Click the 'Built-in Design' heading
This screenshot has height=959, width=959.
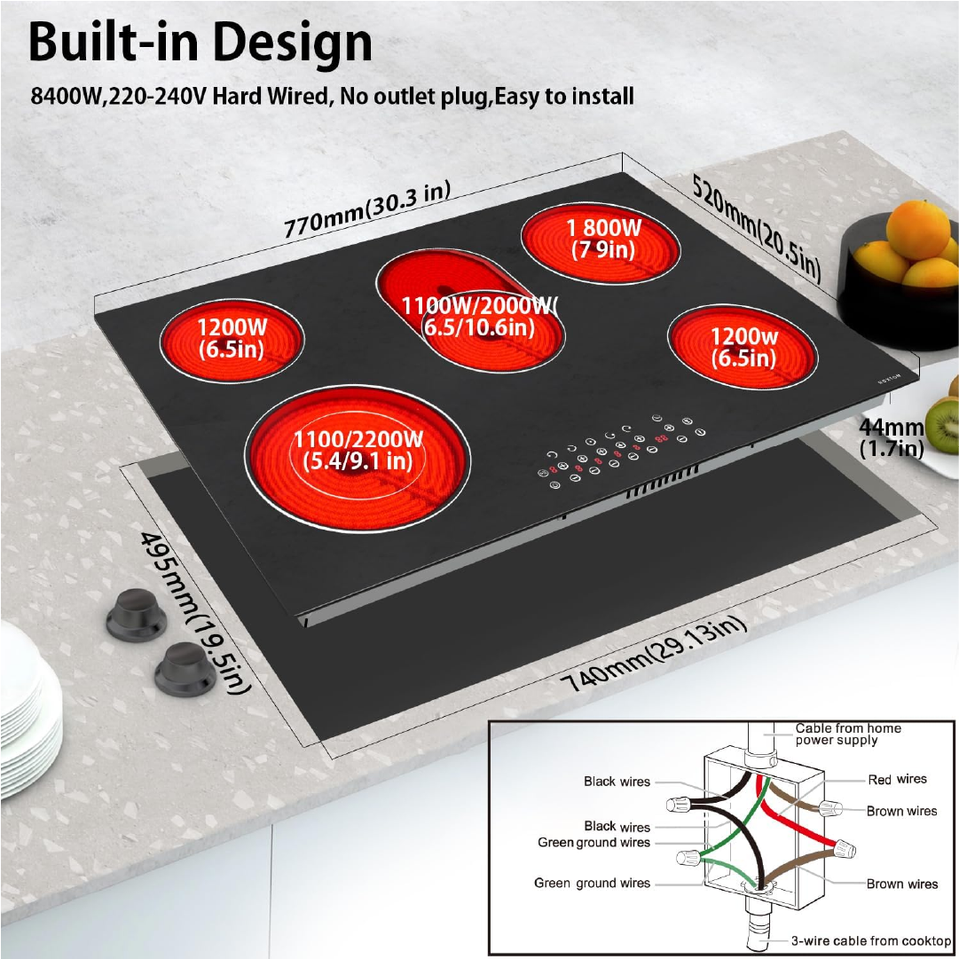200,42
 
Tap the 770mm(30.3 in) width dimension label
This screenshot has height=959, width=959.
367,209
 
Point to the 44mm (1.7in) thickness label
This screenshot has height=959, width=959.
891,437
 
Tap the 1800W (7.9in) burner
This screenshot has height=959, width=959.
601,243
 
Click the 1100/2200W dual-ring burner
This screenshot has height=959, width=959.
358,459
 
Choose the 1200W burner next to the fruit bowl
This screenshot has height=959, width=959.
743,347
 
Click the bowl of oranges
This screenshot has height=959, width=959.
899,275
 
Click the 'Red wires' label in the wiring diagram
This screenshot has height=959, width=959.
897,779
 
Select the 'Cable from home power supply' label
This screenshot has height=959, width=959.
848,734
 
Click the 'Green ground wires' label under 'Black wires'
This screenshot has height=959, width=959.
593,843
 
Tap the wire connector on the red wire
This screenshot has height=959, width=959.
844,848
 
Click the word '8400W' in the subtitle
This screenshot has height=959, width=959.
66,97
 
